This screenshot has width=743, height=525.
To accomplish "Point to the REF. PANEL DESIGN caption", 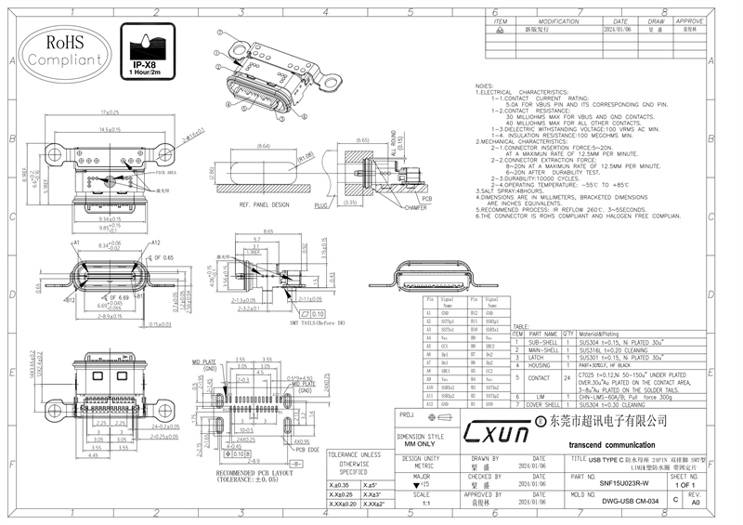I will (264, 203).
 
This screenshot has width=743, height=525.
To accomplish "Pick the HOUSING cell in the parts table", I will (543, 365).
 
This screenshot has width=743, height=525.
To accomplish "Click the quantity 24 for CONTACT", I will (567, 378).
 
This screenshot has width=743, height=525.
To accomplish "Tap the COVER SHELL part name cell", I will (543, 405).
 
